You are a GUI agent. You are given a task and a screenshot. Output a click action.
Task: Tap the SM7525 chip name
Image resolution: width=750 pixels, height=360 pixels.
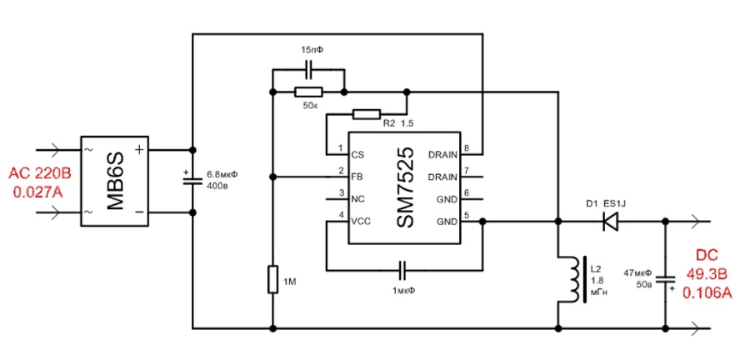pos(404,187)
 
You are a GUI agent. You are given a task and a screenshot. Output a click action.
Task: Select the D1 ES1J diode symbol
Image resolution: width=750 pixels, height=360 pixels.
pos(609,222)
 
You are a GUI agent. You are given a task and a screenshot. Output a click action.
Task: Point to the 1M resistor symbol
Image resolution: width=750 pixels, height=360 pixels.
pos(272,280)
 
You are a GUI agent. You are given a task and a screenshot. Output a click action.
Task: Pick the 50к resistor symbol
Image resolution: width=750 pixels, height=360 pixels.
pos(308,92)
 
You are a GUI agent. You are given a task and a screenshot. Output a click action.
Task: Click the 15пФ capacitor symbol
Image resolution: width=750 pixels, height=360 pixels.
pos(308,69)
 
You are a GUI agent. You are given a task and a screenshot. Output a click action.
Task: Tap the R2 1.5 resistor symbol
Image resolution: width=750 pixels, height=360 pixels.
pos(367,114)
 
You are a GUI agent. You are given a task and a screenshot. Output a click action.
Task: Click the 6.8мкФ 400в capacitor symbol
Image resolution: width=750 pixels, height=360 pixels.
pos(193,181)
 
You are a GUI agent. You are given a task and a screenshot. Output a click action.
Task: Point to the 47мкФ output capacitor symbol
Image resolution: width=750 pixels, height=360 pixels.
pos(665,280)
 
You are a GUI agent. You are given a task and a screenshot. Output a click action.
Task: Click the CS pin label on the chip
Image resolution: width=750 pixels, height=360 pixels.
pos(357,155)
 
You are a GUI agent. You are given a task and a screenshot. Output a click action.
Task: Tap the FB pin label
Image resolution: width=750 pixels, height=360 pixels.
pos(357,177)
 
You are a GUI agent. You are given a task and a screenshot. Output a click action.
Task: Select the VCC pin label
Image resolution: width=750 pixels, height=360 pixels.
pos(360,222)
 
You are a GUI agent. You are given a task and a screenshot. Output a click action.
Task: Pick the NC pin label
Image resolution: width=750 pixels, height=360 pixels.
pos(357,199)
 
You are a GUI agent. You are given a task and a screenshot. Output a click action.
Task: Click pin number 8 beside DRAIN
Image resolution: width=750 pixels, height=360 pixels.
pos(466,148)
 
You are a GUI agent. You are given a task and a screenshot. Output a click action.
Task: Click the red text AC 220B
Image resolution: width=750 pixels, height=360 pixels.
pos(40,173)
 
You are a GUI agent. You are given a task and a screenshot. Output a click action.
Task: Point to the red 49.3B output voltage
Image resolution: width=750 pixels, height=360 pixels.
pos(707,274)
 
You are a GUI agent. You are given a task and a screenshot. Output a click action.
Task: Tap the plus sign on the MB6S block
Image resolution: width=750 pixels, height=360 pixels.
pos(138,150)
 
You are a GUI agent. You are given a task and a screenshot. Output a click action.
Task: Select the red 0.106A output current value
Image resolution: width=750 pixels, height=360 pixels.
pos(707,292)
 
